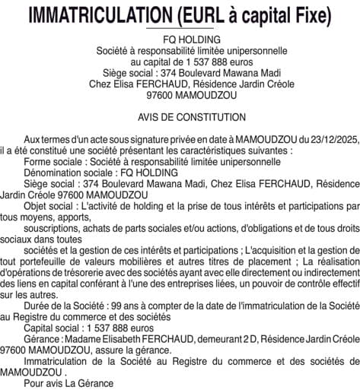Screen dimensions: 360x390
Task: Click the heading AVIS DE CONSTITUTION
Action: tap(180, 118)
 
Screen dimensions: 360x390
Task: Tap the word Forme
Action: tap(38, 162)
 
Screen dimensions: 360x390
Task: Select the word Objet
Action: tap(37, 206)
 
